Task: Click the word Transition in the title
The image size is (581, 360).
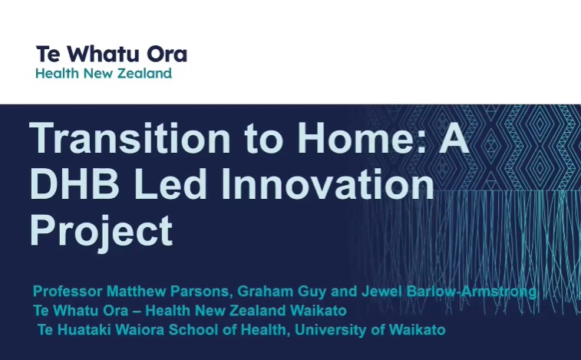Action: click(x=130, y=137)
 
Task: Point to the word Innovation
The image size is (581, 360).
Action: click(x=328, y=184)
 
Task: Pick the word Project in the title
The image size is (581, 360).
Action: click(x=101, y=231)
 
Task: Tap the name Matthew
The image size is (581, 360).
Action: click(x=136, y=291)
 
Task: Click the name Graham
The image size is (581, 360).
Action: click(x=266, y=292)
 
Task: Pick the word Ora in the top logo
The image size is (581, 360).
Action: click(x=167, y=54)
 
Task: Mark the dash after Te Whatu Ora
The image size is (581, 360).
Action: click(x=137, y=311)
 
